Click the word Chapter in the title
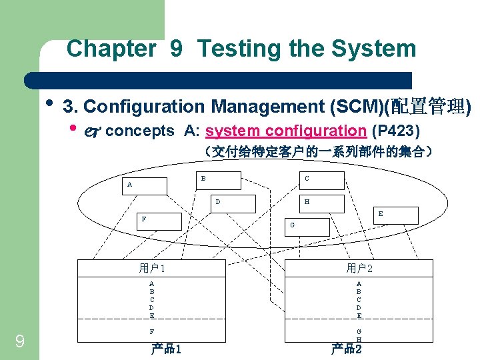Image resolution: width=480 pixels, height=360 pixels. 111,49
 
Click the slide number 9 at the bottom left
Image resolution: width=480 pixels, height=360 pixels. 20,342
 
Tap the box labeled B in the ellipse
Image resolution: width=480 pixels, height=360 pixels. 219,180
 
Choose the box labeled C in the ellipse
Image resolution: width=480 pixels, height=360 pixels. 321,180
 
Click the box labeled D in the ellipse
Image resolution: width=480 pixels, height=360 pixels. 235,203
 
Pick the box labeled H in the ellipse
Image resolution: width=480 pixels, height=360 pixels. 321,203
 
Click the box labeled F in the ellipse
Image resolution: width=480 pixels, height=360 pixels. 159,221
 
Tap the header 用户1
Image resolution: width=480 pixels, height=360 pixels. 152,269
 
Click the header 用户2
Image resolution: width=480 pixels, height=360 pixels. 359,269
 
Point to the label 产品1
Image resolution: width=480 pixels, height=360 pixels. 166,349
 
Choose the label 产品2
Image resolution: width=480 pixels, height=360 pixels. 347,349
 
